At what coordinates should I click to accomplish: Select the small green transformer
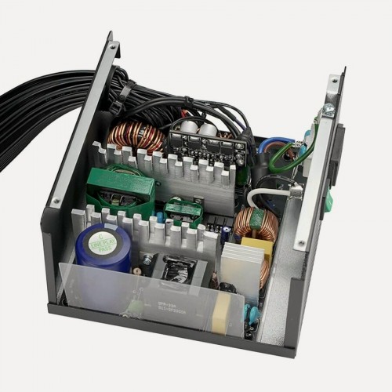pyautogui.click(x=182, y=210)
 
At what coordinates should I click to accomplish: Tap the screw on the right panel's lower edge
pyautogui.click(x=301, y=244)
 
